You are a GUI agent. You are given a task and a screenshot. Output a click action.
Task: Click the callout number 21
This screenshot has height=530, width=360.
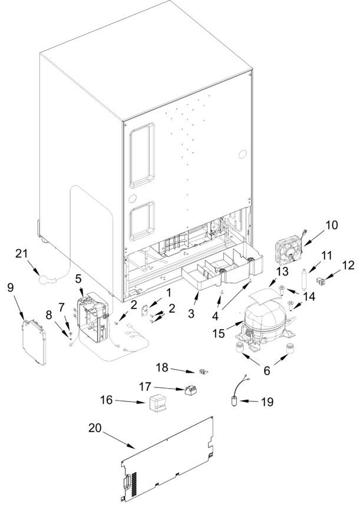pyautogui.click(x=21, y=253)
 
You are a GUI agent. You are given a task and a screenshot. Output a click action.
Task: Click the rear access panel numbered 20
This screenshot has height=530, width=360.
pyautogui.click(x=168, y=460)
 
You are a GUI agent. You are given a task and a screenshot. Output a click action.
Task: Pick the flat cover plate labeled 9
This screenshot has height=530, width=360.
pyautogui.click(x=34, y=342)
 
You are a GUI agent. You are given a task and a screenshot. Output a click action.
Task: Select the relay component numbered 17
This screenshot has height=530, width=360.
pyautogui.click(x=191, y=391)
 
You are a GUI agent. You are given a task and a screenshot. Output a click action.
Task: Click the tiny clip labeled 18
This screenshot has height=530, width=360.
pyautogui.click(x=203, y=372)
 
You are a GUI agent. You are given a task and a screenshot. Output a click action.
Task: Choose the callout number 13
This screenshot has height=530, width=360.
pyautogui.click(x=282, y=271)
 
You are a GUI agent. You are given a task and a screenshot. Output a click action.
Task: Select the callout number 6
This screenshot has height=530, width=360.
pyautogui.click(x=267, y=370)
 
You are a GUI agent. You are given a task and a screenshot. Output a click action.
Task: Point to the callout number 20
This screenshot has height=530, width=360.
pyautogui.click(x=95, y=428)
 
